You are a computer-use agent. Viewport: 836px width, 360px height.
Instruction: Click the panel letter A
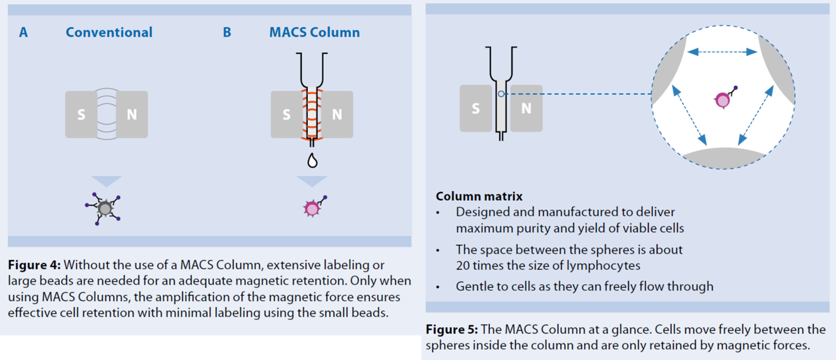click(23, 33)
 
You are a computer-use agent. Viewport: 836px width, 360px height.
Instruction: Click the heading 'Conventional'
click(109, 33)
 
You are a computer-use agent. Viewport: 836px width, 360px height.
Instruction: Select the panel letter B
click(227, 33)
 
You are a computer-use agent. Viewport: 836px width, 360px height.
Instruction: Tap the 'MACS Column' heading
click(314, 33)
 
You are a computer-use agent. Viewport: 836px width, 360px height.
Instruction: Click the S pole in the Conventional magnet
click(82, 115)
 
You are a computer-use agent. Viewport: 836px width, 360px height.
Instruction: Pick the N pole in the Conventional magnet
click(132, 115)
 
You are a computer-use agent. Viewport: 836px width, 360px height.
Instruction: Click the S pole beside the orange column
click(286, 115)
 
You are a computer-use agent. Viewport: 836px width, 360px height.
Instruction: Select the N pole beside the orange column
click(337, 115)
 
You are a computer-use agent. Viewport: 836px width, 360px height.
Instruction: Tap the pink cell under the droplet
click(311, 208)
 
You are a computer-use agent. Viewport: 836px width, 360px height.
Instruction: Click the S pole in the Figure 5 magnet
click(476, 108)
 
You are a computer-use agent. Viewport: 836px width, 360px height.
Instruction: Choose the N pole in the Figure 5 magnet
click(526, 108)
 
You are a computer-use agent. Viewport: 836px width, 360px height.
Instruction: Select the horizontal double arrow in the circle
click(722, 52)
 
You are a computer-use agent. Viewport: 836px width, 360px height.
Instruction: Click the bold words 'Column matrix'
click(479, 196)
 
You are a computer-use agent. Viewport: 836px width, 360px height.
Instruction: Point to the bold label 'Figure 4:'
click(35, 265)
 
